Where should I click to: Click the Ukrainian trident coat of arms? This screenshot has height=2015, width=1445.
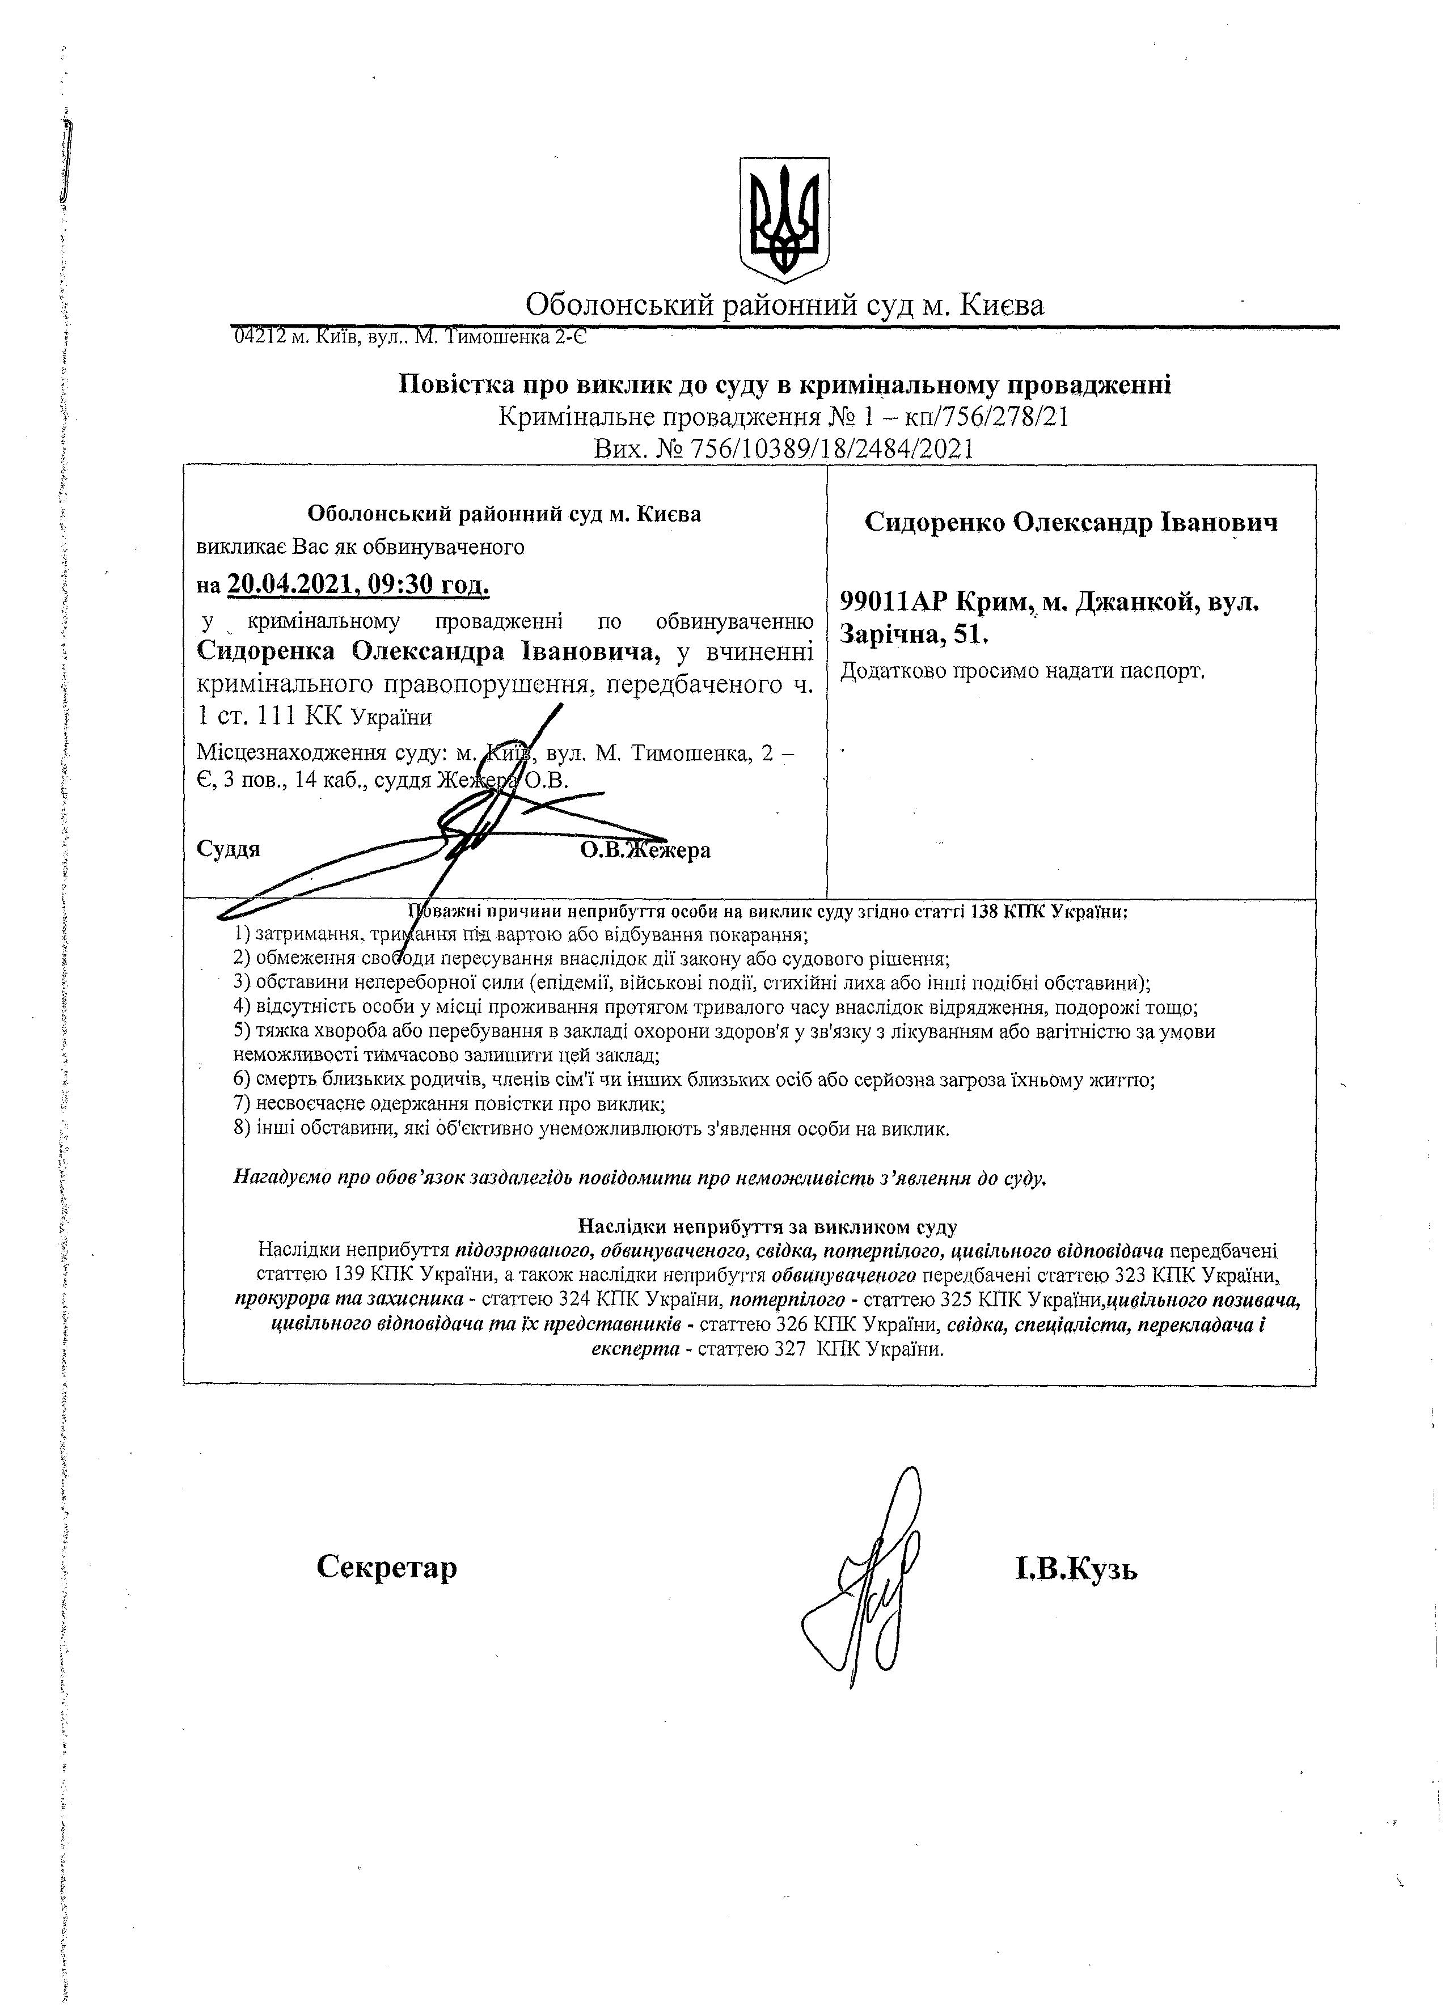785,216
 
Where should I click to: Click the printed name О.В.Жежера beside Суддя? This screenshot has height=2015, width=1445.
645,850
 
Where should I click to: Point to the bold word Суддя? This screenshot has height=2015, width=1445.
229,849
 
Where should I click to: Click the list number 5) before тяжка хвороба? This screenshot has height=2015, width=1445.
243,1031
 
